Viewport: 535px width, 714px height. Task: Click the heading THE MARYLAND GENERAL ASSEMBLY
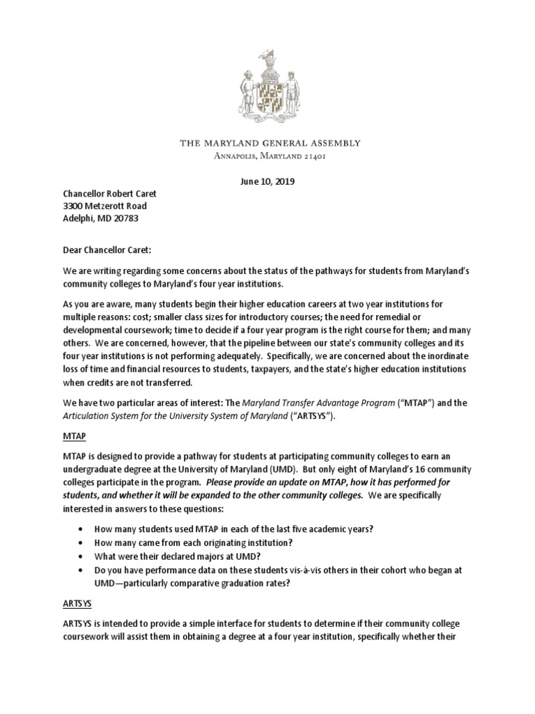pos(270,143)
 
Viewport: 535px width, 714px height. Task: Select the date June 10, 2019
pos(267,182)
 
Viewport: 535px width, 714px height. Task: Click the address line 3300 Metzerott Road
pos(102,206)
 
